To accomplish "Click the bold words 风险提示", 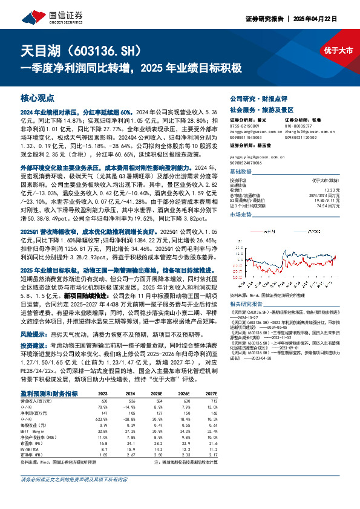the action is pyautogui.click(x=32, y=333).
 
